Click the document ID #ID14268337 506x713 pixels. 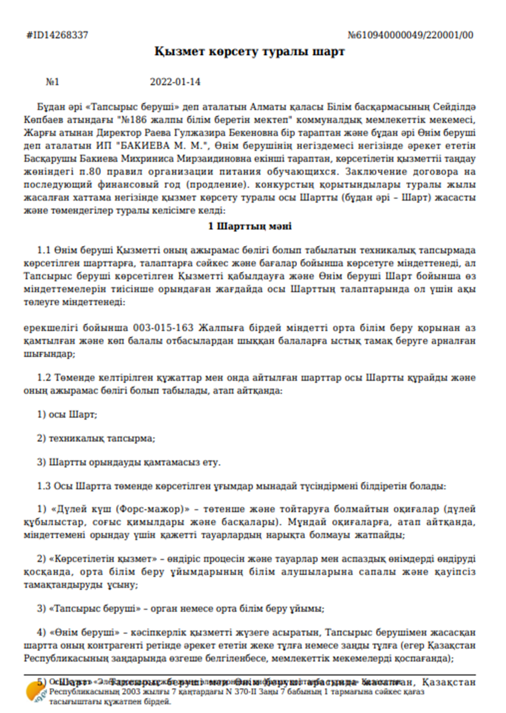coord(57,35)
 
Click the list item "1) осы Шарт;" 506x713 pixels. coord(68,415)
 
